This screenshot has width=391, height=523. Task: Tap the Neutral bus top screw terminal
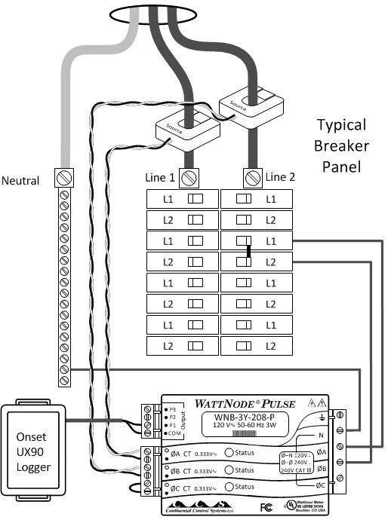(x=64, y=178)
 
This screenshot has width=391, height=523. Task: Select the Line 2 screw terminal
(x=252, y=178)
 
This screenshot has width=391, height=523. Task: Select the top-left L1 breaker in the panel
(x=181, y=199)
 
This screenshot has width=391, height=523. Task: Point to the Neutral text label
(x=20, y=181)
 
